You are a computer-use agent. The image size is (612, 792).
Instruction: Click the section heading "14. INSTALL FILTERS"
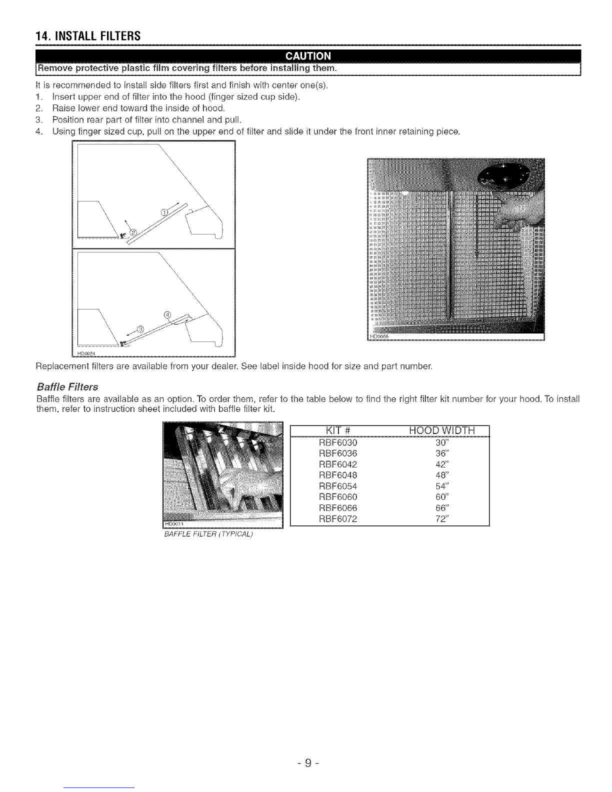88,36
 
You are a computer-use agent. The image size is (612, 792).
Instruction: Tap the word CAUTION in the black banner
308,56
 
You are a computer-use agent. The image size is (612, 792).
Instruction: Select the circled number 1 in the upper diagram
165,213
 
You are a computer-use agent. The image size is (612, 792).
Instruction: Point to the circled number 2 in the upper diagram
133,232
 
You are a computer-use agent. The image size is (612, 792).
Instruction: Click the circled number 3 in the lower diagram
140,329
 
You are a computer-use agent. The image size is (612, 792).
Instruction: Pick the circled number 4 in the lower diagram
167,314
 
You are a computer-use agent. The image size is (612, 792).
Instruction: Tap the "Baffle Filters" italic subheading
67,386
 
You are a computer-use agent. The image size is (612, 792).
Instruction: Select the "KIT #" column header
338,430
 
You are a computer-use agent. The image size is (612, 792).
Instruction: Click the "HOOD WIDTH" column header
442,430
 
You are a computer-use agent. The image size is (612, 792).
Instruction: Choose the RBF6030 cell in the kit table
338,442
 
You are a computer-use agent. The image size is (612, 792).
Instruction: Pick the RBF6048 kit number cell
338,475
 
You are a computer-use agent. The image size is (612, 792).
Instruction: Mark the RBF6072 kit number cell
338,518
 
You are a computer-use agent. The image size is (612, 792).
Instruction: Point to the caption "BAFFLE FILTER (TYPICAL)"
208,534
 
